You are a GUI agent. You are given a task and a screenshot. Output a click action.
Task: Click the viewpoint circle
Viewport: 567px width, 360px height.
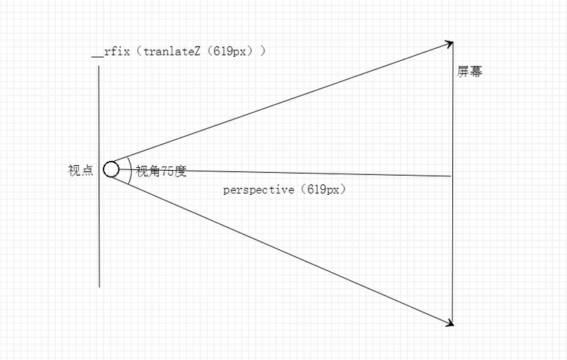point(111,169)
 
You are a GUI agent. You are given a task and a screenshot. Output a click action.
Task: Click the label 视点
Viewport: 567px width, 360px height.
point(80,171)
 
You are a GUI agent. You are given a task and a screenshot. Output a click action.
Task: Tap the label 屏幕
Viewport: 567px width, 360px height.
point(470,72)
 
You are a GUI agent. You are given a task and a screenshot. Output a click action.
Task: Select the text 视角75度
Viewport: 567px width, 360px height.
point(161,171)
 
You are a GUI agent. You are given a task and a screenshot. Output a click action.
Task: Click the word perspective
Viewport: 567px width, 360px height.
point(258,190)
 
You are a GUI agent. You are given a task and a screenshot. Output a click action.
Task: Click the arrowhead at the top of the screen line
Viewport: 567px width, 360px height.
point(449,44)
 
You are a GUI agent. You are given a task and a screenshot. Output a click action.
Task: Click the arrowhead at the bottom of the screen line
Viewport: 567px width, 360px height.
point(449,322)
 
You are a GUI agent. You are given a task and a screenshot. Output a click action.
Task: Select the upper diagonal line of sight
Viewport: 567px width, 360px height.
point(283,100)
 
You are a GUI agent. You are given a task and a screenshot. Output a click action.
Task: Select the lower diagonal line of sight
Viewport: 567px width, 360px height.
point(283,248)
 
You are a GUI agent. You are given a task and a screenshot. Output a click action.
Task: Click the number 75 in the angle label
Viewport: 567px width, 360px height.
point(167,171)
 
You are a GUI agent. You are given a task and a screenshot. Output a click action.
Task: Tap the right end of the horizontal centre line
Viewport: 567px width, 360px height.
point(450,175)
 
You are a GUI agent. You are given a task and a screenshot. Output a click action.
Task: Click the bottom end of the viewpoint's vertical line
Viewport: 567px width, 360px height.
point(99,286)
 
